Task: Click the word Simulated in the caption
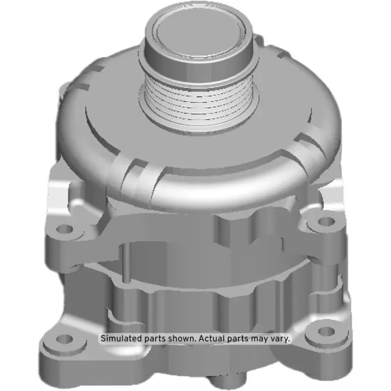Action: coord(122,338)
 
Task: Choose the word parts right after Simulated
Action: coord(156,338)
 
